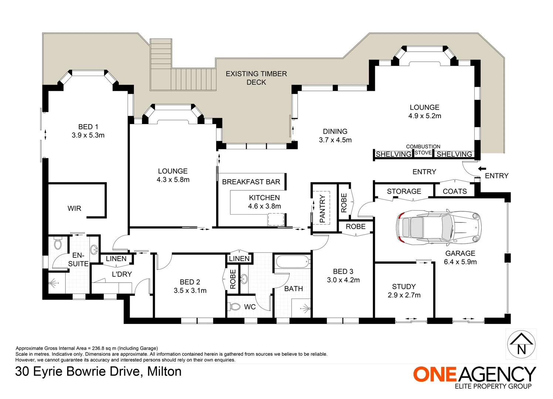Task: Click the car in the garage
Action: click(438, 228)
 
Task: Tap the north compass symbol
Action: click(521, 344)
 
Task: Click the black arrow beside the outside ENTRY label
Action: click(482, 169)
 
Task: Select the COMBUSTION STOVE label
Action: click(423, 150)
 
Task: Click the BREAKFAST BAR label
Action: click(251, 182)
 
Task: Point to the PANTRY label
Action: click(322, 208)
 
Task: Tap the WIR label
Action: click(74, 208)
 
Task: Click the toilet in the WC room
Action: click(235, 307)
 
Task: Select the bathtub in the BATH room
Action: click(293, 262)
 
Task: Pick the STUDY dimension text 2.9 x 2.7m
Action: click(404, 295)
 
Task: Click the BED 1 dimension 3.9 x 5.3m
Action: click(88, 135)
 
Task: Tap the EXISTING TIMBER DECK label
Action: click(256, 78)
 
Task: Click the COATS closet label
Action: click(455, 191)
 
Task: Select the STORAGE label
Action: click(404, 191)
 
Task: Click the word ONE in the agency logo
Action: click(435, 374)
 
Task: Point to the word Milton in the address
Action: click(164, 371)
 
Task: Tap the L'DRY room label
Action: click(122, 274)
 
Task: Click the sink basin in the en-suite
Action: click(94, 249)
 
